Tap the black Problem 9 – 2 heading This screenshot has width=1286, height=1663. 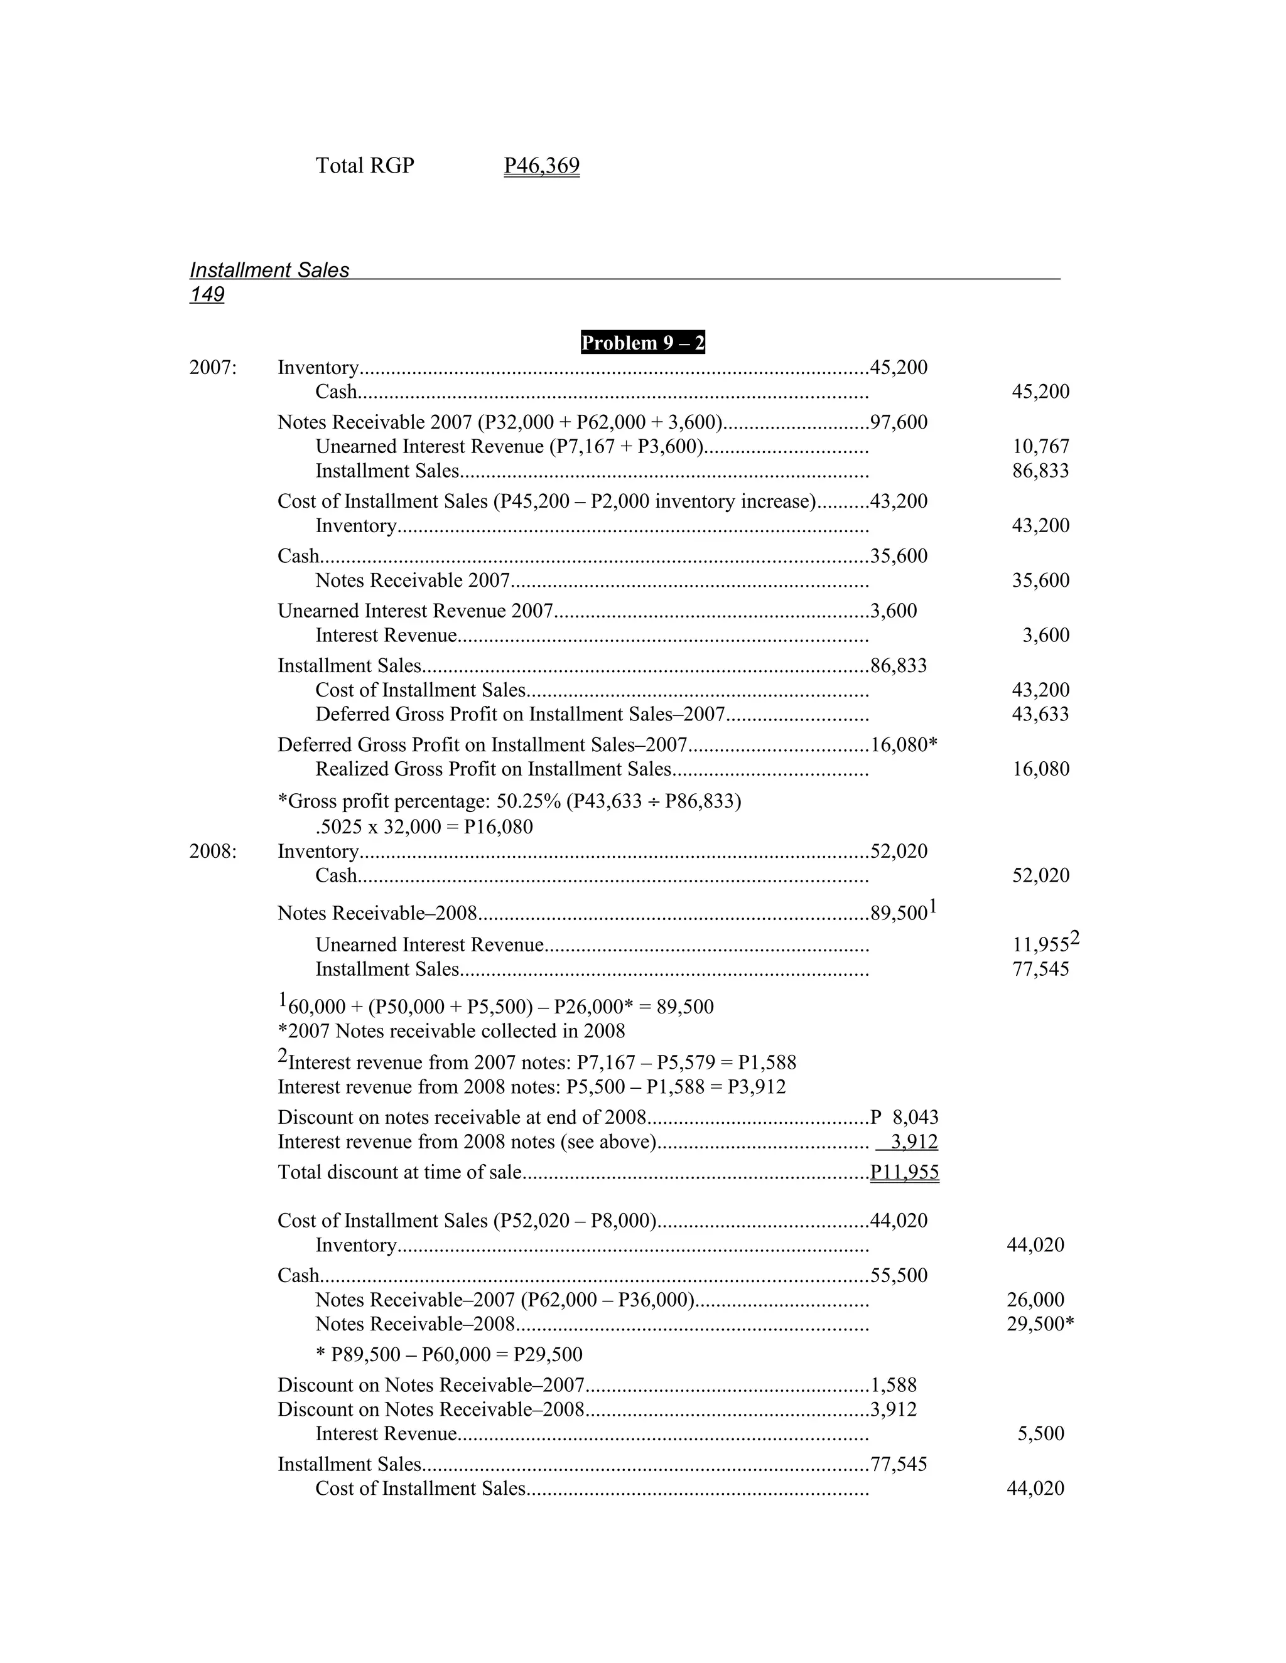coord(642,343)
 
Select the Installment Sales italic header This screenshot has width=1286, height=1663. coord(269,270)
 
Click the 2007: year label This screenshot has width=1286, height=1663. coord(213,368)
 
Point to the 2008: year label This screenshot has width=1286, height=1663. coord(213,852)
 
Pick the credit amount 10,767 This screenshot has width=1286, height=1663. coord(1040,447)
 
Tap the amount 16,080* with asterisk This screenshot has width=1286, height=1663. coord(903,745)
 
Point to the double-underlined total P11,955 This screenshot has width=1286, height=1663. coord(904,1172)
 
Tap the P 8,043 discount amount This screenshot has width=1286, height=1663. coord(904,1118)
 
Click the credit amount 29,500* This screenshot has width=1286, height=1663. coord(1039,1324)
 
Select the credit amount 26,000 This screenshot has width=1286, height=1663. coord(1035,1300)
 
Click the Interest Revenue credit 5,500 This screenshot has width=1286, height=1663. coord(1040,1434)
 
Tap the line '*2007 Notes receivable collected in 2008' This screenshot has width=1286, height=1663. coord(451,1032)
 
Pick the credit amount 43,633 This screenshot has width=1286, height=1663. coord(1040,714)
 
